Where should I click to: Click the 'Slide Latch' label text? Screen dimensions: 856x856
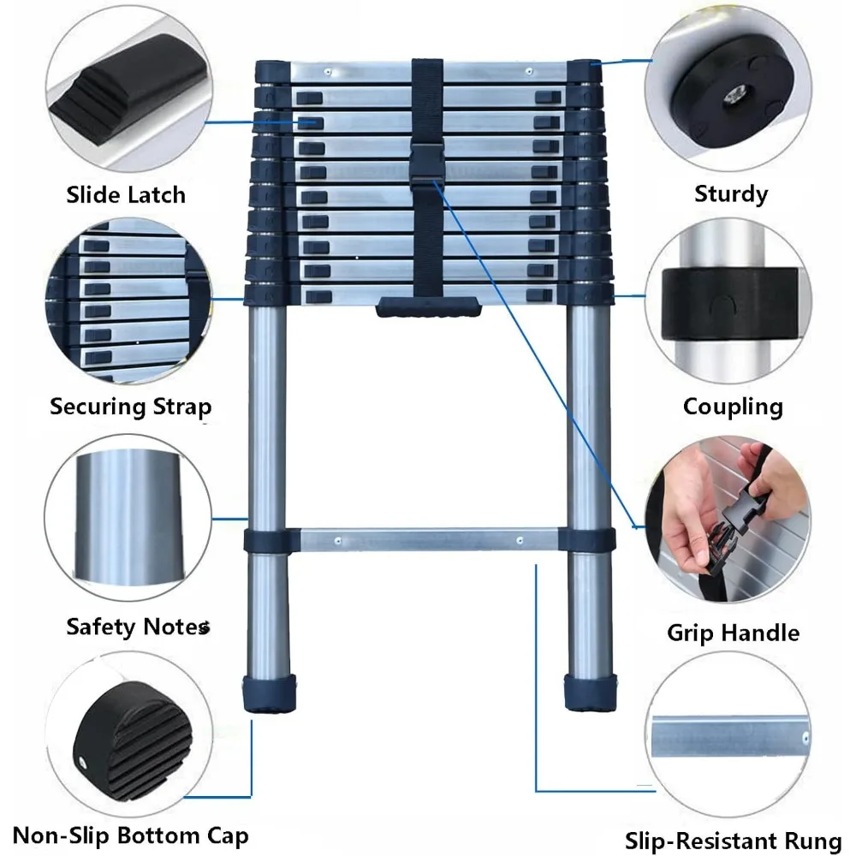126,194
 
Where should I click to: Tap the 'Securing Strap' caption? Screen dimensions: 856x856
130,406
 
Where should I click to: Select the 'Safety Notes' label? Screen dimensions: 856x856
137,627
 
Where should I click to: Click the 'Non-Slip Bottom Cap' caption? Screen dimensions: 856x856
130,835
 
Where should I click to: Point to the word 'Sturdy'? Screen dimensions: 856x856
731,193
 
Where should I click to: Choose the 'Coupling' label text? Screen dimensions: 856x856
733,406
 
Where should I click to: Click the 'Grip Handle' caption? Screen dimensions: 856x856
733,633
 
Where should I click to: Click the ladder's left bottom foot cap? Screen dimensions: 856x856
270,692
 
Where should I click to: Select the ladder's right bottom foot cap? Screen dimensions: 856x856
589,692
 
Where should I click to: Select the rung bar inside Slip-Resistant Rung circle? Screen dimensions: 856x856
729,734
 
